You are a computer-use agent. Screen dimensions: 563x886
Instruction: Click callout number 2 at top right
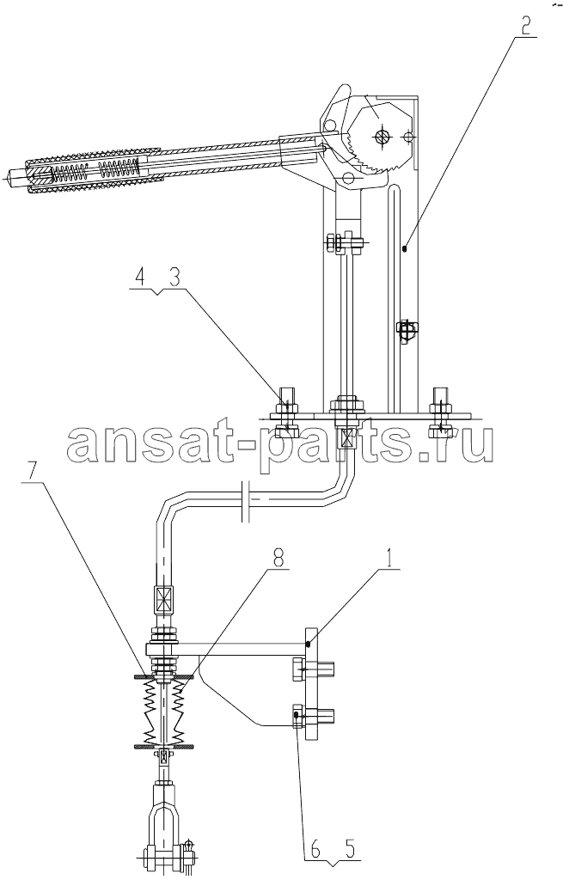(x=526, y=27)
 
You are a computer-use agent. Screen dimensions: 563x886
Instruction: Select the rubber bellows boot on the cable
(x=164, y=712)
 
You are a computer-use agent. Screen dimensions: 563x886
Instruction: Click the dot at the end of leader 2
(x=406, y=247)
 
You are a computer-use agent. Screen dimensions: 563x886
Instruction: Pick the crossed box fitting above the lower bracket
(x=163, y=600)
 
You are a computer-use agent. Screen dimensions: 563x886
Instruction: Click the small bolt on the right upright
(x=406, y=330)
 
